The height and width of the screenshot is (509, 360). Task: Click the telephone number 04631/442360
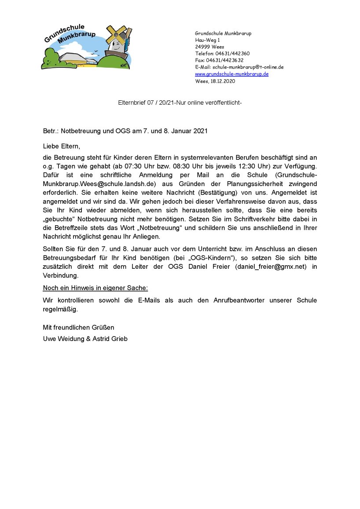[232, 54]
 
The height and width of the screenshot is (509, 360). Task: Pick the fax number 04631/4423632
[228, 60]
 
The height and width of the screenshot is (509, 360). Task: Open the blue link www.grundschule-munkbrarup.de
[231, 74]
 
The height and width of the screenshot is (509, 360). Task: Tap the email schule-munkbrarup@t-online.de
[248, 67]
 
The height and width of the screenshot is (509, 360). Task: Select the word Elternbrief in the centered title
[132, 103]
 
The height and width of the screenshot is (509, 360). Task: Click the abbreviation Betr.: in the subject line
[51, 131]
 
